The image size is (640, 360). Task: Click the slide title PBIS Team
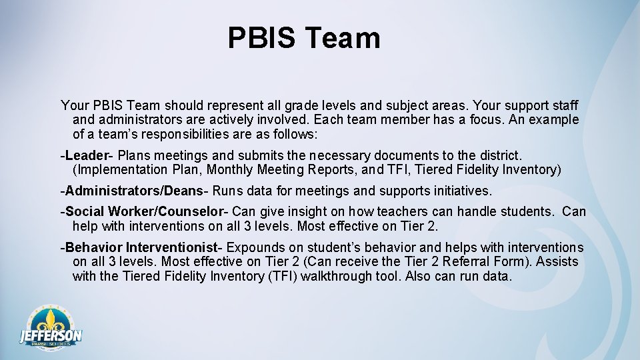tap(304, 38)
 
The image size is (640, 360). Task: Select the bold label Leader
tap(86, 155)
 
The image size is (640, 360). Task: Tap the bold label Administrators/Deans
tap(133, 191)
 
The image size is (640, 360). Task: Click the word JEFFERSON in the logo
tap(51, 335)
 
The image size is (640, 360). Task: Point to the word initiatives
tap(459, 191)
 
